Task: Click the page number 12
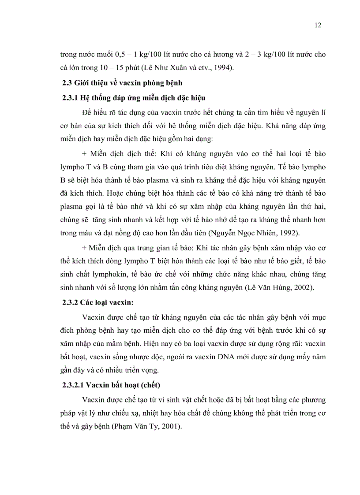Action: click(318, 25)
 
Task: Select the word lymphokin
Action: click(120, 274)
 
